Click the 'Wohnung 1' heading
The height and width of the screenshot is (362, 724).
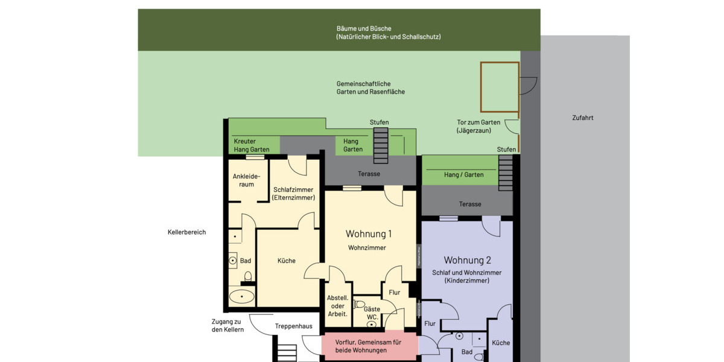point(369,234)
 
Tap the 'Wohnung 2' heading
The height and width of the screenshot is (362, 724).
point(467,261)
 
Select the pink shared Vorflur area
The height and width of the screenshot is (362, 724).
point(369,346)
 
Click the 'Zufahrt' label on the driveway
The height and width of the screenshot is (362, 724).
point(582,118)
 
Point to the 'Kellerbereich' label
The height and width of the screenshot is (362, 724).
point(186,232)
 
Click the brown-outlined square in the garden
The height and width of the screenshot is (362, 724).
point(500,87)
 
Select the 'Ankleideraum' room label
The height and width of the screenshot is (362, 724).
point(246,180)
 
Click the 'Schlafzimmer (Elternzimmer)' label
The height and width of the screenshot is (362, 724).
point(293,194)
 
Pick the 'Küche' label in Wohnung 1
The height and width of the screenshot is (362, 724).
point(286,261)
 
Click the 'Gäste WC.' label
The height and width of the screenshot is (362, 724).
point(372,313)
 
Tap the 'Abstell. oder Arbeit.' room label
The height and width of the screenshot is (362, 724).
point(338,306)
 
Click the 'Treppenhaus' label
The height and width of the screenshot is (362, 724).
point(293,326)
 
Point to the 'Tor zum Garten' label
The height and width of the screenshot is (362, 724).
point(478,126)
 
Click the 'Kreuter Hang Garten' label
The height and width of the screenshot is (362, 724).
point(252,145)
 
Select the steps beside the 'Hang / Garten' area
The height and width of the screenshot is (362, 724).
point(506,173)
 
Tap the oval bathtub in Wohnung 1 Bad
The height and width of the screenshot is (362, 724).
point(242,296)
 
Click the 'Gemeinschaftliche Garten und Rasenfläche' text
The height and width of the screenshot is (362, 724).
point(370,88)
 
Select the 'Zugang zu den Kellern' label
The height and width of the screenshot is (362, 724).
point(227,326)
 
